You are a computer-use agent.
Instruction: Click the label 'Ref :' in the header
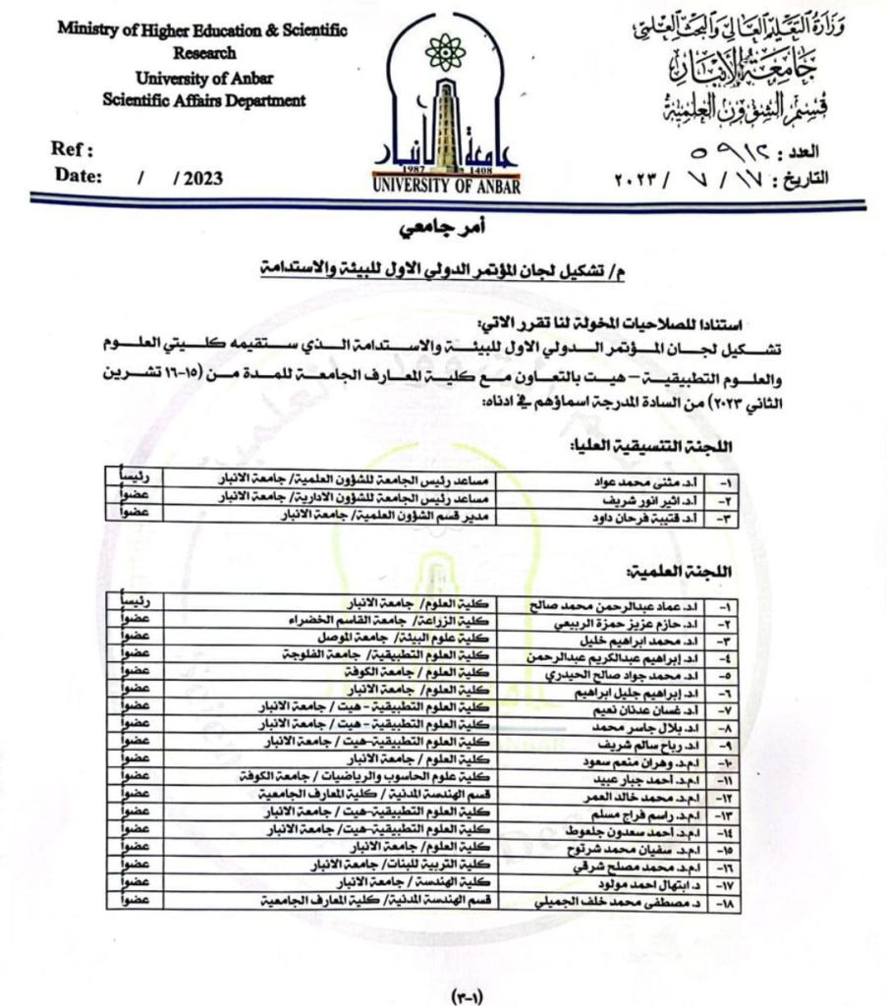point(73,150)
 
